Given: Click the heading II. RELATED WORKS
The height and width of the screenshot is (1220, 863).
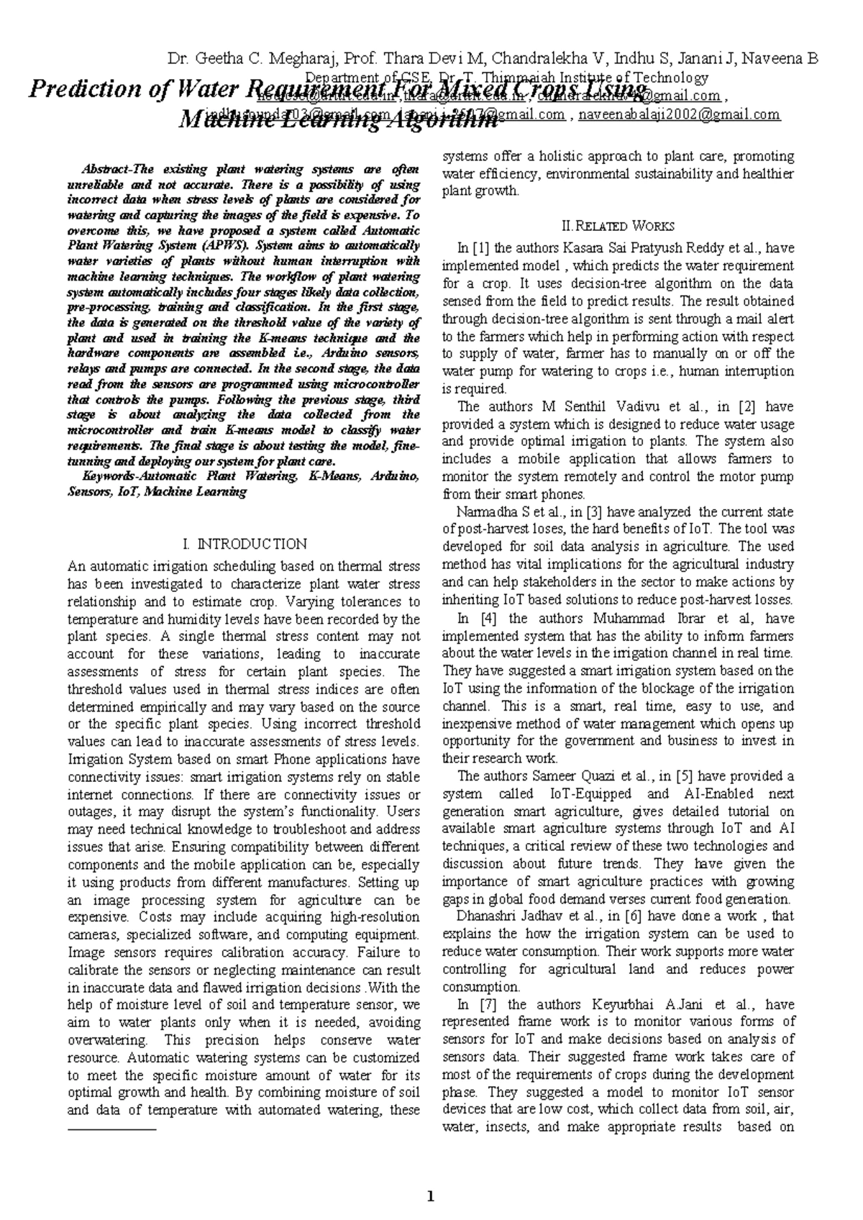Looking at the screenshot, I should coord(618,227).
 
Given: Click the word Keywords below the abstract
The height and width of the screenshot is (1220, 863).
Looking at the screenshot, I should coord(109,476).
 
